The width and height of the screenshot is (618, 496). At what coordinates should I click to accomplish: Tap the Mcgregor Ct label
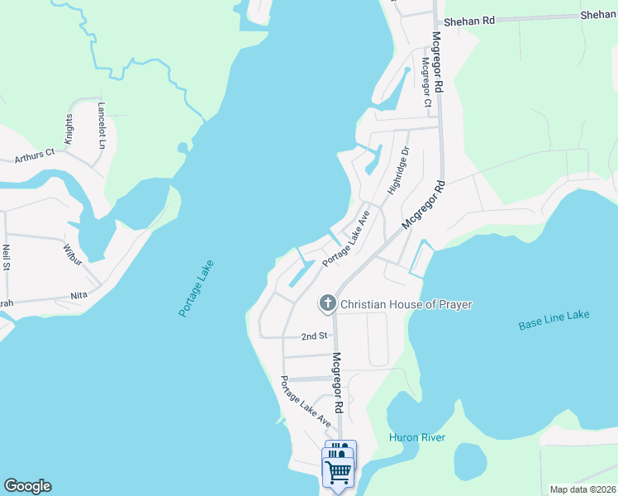(426, 82)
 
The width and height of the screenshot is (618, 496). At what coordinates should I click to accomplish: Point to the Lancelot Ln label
(102, 126)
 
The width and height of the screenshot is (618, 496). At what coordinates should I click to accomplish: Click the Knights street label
(69, 131)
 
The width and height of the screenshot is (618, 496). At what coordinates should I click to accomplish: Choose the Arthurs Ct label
(34, 153)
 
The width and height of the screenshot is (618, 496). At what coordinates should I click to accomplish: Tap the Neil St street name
(6, 257)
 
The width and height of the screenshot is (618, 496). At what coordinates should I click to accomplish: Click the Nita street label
(78, 295)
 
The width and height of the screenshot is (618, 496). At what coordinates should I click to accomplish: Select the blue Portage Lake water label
(196, 289)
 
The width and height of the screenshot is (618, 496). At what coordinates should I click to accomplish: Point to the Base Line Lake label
(554, 320)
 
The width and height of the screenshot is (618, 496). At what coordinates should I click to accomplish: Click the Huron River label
(417, 437)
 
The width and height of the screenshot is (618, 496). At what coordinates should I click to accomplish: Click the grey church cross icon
(327, 304)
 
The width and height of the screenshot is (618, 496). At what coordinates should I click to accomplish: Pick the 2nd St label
(315, 336)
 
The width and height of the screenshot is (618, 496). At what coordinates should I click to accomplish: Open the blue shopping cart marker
(339, 472)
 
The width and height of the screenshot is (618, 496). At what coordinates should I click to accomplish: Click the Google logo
(27, 486)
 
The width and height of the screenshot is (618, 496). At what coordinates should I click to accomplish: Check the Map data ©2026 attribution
(582, 489)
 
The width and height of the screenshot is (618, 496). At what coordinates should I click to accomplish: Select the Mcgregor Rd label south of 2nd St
(336, 384)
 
